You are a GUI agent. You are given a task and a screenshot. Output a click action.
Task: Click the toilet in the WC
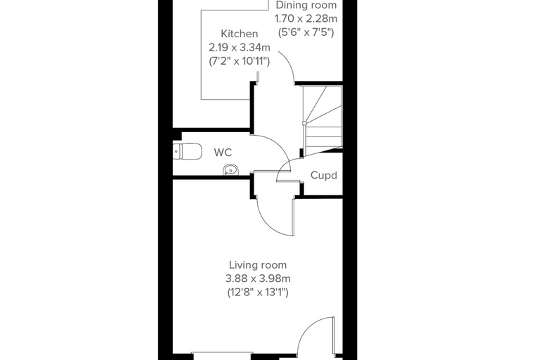point(187,151)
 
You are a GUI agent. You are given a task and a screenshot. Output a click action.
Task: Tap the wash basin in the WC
point(231,169)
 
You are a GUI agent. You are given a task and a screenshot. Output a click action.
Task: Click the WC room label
point(223,153)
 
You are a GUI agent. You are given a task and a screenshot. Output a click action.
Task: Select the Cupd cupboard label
point(323,175)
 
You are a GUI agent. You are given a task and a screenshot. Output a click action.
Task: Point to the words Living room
point(258,265)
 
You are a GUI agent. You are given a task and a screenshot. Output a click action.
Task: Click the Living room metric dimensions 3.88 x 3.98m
point(258,278)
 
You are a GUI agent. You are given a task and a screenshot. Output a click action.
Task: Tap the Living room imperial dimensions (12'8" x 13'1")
point(258,292)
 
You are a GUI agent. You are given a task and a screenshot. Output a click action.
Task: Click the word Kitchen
point(240,34)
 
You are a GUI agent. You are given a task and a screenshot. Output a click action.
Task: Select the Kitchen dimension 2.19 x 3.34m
point(240,47)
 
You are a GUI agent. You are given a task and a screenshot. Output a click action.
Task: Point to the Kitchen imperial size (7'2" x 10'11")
point(240,61)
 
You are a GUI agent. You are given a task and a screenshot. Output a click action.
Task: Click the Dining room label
point(306,5)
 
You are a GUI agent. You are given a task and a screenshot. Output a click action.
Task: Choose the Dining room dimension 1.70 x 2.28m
point(306,18)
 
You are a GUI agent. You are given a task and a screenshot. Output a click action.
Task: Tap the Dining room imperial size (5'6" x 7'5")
point(306,32)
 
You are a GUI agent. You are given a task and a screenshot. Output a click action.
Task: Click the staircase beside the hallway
point(323,120)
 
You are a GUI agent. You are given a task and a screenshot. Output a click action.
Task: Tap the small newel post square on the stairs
point(304,123)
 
